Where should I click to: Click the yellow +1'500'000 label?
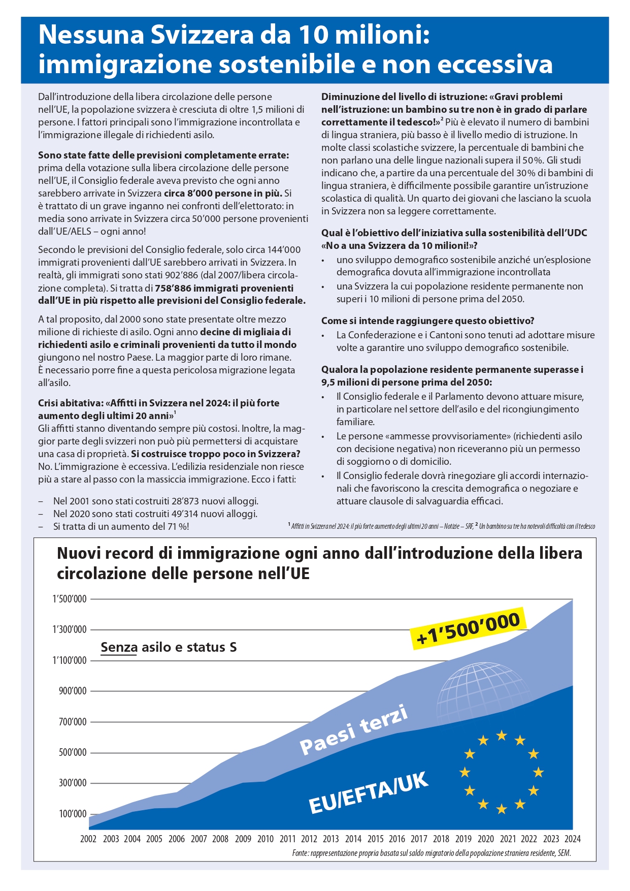click(x=468, y=628)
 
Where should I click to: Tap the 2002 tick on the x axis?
click(x=88, y=839)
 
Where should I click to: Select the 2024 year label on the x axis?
click(x=572, y=839)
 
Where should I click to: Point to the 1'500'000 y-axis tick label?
click(x=70, y=599)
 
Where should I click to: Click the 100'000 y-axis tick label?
click(x=73, y=814)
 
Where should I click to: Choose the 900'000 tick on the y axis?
click(x=73, y=691)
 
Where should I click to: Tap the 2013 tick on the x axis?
click(x=330, y=839)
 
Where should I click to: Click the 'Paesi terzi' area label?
click(x=354, y=730)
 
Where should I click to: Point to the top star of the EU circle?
click(x=502, y=735)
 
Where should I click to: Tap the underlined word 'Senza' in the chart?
click(x=119, y=647)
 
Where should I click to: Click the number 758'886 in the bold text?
click(x=175, y=288)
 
